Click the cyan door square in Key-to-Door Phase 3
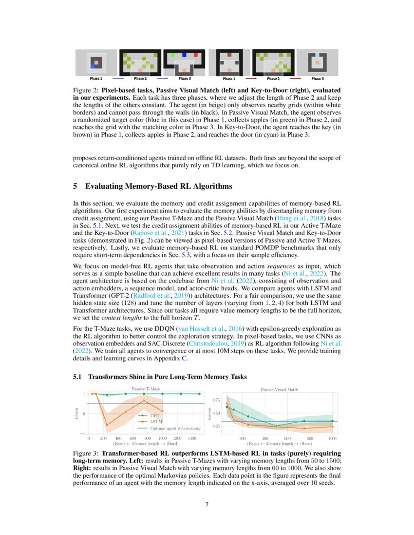point(317,55)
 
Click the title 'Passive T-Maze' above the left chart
point(146,389)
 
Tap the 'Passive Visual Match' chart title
point(280,390)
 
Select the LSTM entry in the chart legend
point(156,422)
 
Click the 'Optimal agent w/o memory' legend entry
point(175,428)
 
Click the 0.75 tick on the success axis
point(216,400)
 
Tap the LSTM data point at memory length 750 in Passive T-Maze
point(144,400)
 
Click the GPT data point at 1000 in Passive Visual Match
point(333,421)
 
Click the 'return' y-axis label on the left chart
point(76,414)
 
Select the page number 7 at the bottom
point(207,504)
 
